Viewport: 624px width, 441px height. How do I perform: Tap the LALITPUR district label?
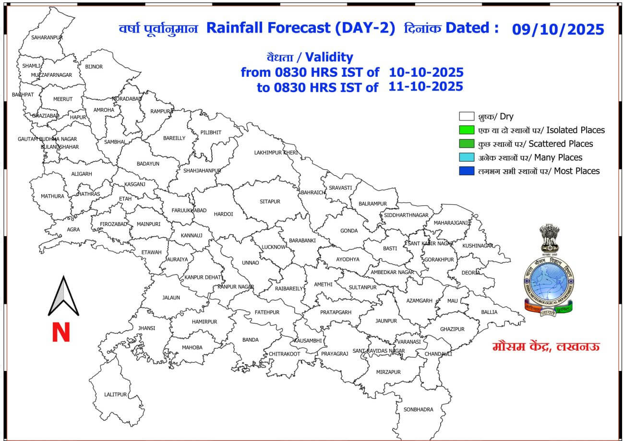tap(116, 394)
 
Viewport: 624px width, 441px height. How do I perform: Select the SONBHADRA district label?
tap(418, 409)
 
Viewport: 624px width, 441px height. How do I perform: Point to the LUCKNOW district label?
tap(274, 247)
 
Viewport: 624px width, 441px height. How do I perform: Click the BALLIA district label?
tap(489, 312)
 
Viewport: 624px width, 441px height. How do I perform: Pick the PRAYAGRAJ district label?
tap(334, 354)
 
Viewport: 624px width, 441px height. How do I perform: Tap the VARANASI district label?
tap(409, 342)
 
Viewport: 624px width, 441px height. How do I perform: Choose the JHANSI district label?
tap(146, 328)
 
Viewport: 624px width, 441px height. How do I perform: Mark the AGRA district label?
tap(73, 229)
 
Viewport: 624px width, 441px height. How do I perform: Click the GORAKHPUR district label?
tap(439, 259)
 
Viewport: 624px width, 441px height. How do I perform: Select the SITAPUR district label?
tap(270, 202)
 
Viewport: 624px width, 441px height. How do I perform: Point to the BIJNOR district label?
tap(94, 67)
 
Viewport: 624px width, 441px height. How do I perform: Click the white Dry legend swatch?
tap(466, 117)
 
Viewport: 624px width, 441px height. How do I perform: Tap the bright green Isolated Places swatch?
tap(466, 130)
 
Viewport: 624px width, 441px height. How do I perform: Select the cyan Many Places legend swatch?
tap(466, 157)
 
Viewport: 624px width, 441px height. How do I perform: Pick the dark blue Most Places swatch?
tap(466, 171)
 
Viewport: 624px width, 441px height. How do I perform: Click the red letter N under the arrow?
tap(61, 333)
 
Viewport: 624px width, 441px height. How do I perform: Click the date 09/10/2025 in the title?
tap(558, 30)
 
